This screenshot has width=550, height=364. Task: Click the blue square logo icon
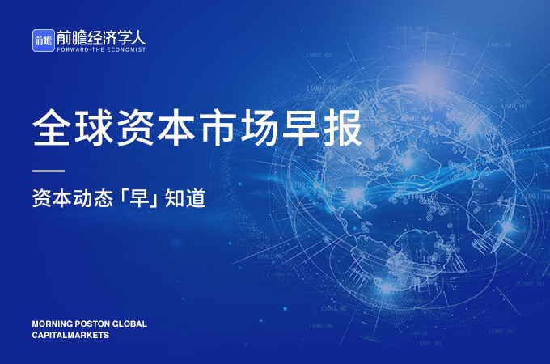(43, 40)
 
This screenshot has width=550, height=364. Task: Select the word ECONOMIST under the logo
(125, 49)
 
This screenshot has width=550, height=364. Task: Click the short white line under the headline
(48, 171)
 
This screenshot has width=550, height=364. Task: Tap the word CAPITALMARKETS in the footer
(70, 336)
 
